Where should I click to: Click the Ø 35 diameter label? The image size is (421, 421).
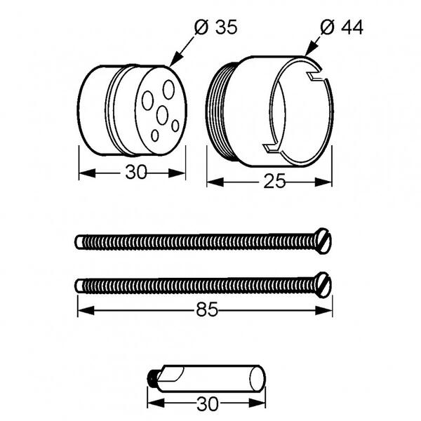pyautogui.click(x=216, y=27)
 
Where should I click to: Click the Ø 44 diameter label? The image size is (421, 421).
pyautogui.click(x=342, y=27)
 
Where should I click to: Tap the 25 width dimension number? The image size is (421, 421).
pyautogui.click(x=274, y=181)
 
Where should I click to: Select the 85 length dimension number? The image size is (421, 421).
pyautogui.click(x=207, y=309)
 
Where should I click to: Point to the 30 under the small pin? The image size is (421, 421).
pyautogui.click(x=208, y=403)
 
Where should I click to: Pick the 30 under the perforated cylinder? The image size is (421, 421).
pyautogui.click(x=136, y=172)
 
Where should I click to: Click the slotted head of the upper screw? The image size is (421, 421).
pyautogui.click(x=323, y=241)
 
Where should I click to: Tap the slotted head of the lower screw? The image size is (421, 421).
pyautogui.click(x=323, y=285)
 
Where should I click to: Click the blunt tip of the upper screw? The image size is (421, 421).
pyautogui.click(x=79, y=242)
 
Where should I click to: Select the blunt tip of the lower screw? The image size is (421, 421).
pyautogui.click(x=79, y=286)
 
